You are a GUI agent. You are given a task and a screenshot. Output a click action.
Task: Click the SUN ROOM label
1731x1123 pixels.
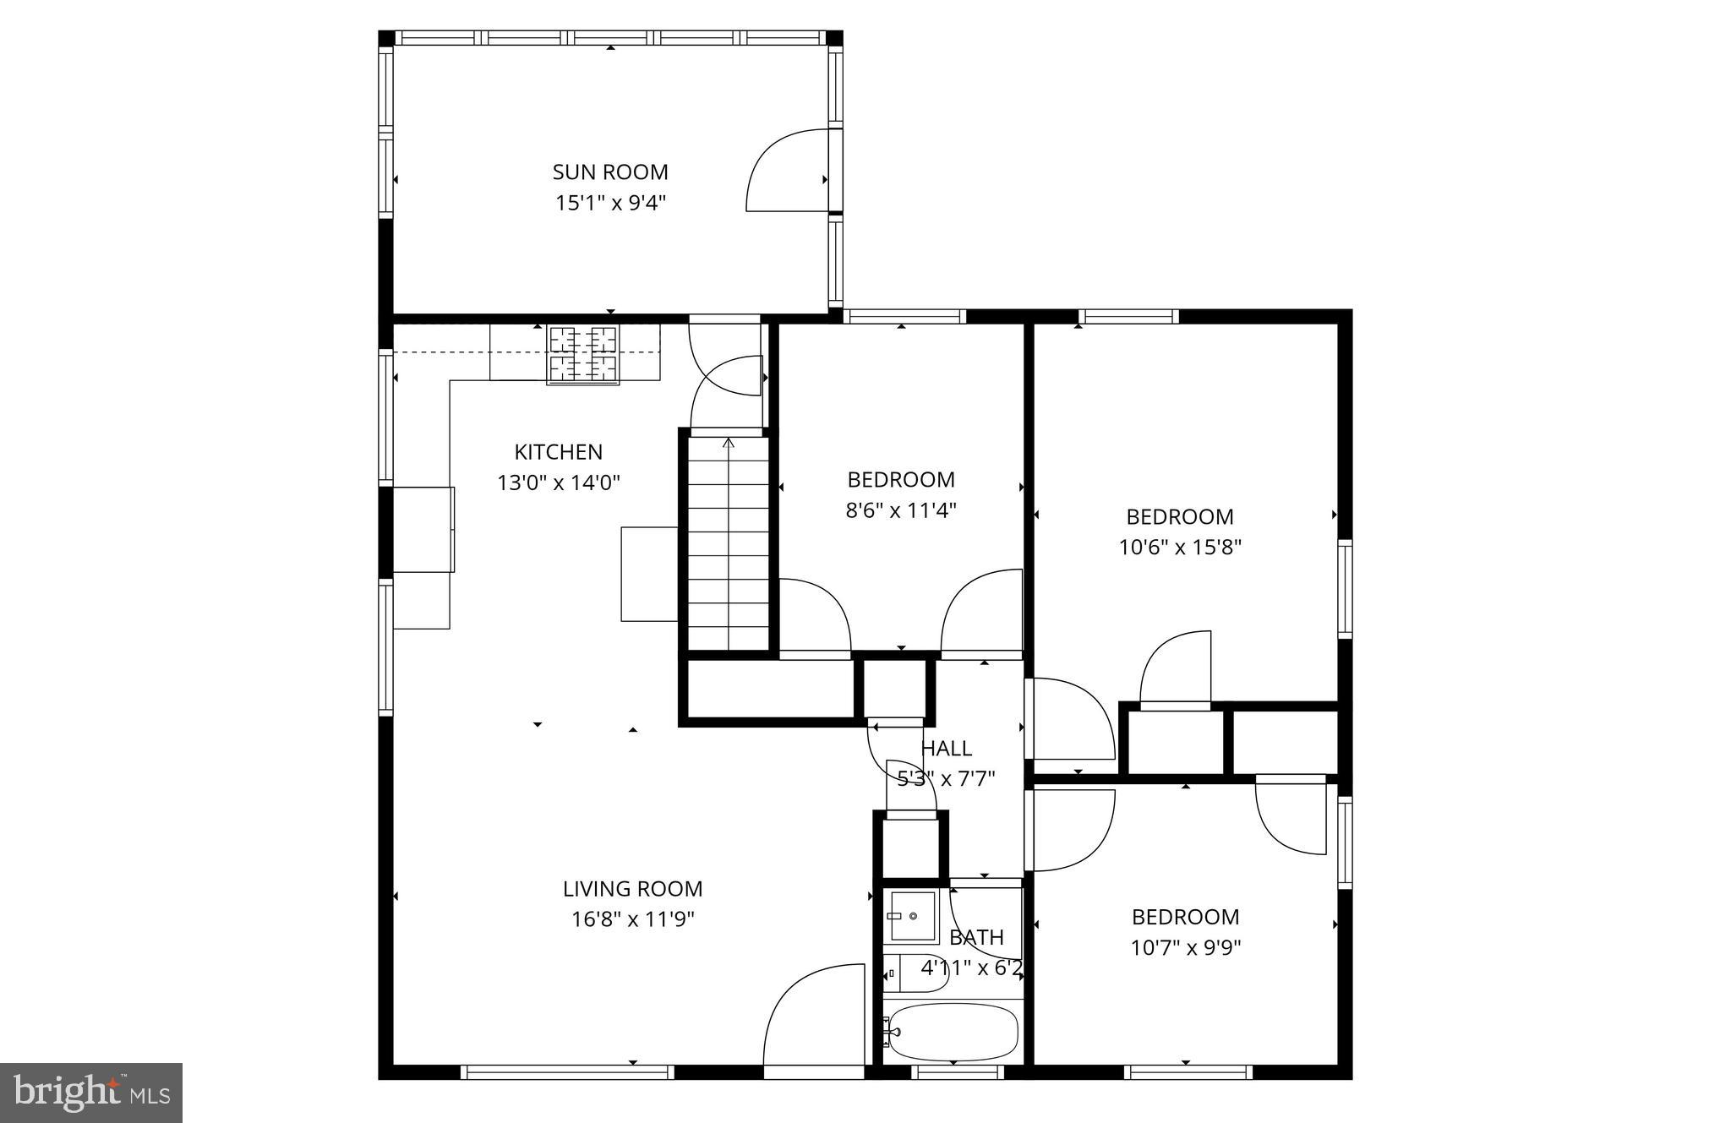point(610,172)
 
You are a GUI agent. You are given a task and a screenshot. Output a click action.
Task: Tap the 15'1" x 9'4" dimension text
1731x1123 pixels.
point(610,204)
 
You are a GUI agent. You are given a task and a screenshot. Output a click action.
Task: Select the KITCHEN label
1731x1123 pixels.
point(558,452)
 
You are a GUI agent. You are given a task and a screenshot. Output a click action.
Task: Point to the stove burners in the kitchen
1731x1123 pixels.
point(583,354)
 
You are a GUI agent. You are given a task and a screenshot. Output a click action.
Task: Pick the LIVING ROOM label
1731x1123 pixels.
point(632,889)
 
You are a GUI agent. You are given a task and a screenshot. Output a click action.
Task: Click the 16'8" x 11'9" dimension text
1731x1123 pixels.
point(632,919)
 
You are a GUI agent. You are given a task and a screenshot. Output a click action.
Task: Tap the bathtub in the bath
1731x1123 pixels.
point(953,1032)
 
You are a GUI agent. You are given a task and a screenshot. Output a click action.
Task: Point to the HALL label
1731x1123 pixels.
point(946,749)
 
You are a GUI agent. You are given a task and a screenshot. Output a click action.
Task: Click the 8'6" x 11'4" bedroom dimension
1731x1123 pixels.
point(901,510)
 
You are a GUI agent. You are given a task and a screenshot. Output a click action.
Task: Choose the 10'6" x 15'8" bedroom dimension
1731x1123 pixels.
point(1180,548)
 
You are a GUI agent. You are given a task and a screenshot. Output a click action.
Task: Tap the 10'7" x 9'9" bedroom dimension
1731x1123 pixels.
point(1186,948)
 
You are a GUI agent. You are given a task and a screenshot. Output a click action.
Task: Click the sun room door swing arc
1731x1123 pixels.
point(782,169)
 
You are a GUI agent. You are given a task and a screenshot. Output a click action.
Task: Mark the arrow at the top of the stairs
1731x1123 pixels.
point(729,442)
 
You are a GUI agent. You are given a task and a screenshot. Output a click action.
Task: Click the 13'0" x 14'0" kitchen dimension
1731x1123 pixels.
point(558,483)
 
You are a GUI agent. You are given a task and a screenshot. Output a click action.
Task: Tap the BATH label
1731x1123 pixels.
point(976,937)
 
